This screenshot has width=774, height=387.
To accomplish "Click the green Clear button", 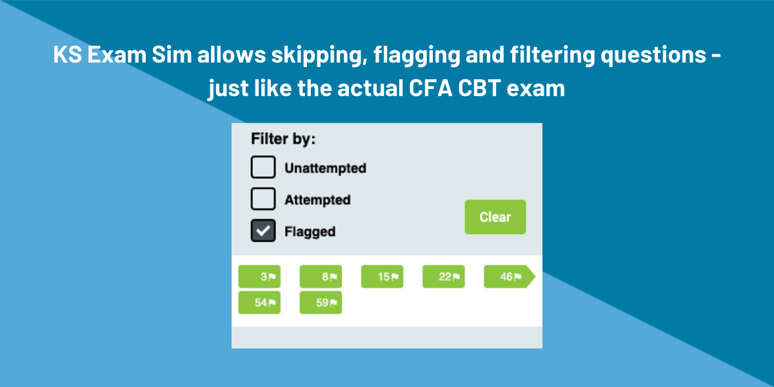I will (x=495, y=217).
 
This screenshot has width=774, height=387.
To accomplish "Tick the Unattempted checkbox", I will (x=263, y=168).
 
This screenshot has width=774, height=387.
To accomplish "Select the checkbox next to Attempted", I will (x=263, y=199).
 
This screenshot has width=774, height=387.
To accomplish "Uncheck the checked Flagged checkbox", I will (x=263, y=231).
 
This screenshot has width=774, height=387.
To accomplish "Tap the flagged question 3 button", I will (x=259, y=277).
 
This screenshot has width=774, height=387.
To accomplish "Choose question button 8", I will (x=321, y=277).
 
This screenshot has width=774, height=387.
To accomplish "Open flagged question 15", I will (x=382, y=277).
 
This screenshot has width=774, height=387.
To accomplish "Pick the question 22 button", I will (x=443, y=277).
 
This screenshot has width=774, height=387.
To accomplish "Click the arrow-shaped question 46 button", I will (x=508, y=277).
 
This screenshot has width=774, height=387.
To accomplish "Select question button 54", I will (x=259, y=303).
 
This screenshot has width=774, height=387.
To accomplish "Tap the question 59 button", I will (x=321, y=303).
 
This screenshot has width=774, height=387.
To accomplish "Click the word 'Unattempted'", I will (x=325, y=168).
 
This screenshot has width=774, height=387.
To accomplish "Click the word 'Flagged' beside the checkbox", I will (x=310, y=232).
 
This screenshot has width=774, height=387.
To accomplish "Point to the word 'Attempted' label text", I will (x=317, y=200).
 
